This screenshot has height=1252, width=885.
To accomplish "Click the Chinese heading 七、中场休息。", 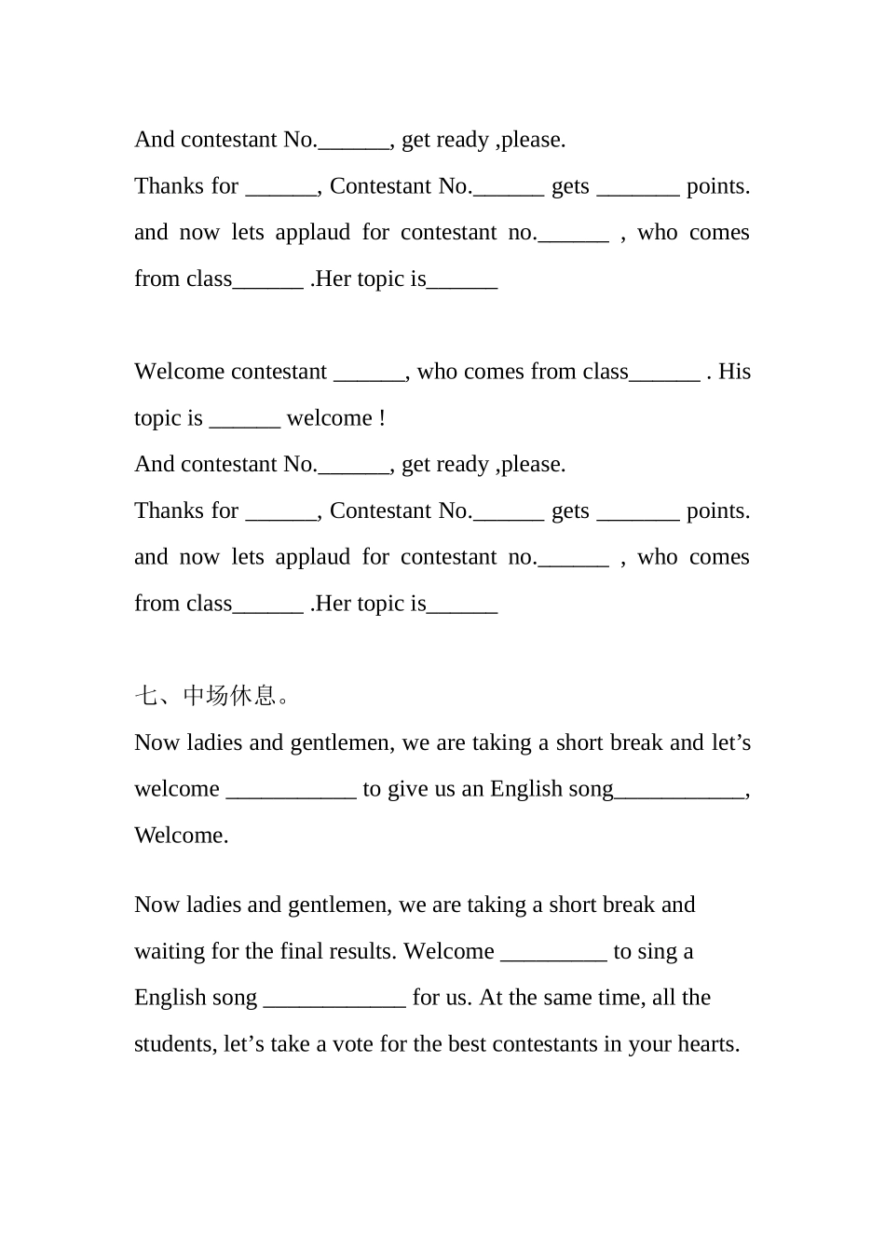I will pos(213,696).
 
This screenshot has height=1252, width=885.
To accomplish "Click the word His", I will pos(734,372).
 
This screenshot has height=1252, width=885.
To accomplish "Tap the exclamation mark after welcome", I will pos(382,418).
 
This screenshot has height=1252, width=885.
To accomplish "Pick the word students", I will pos(175,1044).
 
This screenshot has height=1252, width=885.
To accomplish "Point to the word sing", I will pos(658,951).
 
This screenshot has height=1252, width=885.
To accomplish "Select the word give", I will pos(408,789).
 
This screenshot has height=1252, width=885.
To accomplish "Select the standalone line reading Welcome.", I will pos(181,836).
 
